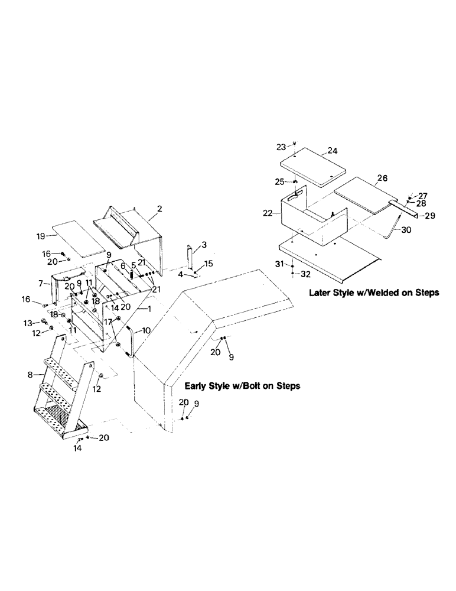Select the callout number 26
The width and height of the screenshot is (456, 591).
pyautogui.click(x=382, y=177)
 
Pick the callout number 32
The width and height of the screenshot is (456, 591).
pyautogui.click(x=305, y=274)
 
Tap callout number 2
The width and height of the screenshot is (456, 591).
pyautogui.click(x=159, y=209)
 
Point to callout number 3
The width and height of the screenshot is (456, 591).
pyautogui.click(x=203, y=245)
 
